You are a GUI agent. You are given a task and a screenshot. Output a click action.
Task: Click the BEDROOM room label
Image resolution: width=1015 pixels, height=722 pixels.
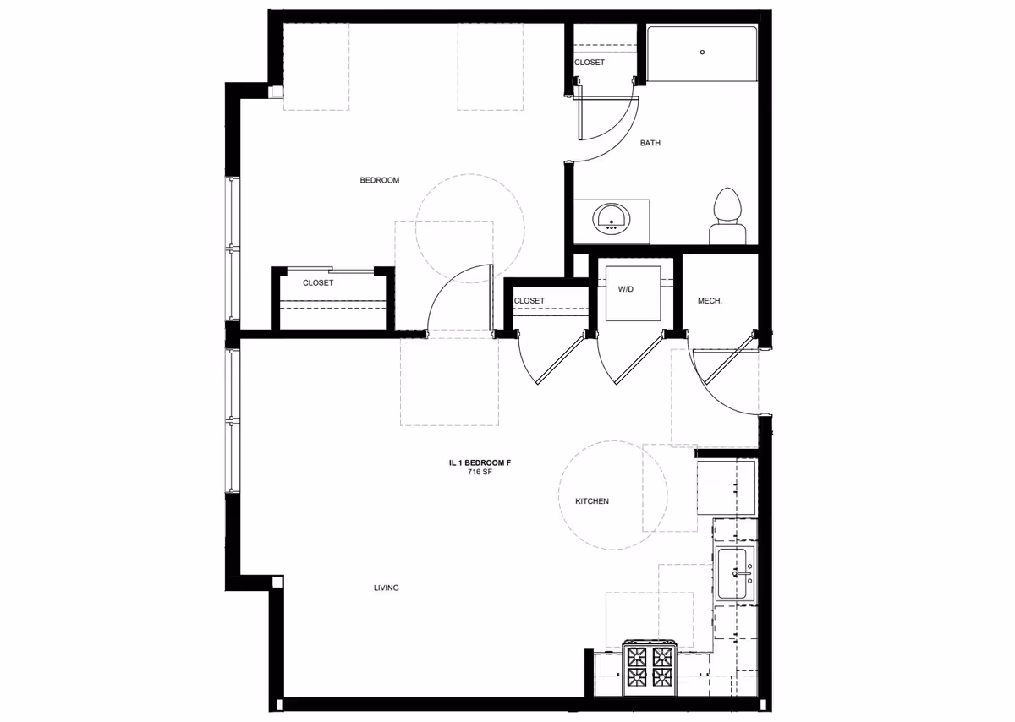click(379, 180)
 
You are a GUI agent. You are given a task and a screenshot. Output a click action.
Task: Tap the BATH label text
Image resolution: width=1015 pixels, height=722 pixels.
click(650, 143)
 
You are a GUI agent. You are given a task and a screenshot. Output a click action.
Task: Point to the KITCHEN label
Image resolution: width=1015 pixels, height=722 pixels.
click(592, 501)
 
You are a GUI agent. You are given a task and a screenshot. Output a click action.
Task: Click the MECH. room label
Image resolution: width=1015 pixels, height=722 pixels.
click(709, 301)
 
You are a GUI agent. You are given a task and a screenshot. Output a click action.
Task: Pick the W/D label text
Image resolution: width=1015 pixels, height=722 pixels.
click(626, 289)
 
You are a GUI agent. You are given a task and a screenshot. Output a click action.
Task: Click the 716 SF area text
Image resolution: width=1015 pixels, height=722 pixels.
click(480, 472)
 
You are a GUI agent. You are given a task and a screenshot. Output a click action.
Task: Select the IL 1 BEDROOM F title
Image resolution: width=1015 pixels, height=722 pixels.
click(480, 462)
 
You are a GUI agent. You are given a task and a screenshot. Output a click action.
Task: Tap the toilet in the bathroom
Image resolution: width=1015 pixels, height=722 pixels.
click(727, 216)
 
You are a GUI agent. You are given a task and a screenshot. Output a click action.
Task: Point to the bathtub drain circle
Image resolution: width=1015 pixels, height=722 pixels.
click(702, 52)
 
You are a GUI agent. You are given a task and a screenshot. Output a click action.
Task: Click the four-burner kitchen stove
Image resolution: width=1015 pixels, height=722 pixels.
click(650, 668)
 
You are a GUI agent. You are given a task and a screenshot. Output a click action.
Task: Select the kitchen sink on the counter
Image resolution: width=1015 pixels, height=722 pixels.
click(735, 574)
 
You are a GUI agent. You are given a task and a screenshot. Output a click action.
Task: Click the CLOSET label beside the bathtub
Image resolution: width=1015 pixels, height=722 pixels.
click(589, 63)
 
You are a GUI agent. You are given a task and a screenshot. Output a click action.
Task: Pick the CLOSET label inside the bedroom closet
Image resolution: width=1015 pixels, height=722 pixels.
click(318, 283)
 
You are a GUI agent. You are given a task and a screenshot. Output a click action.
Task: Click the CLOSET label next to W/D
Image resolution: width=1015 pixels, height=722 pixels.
click(529, 301)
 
